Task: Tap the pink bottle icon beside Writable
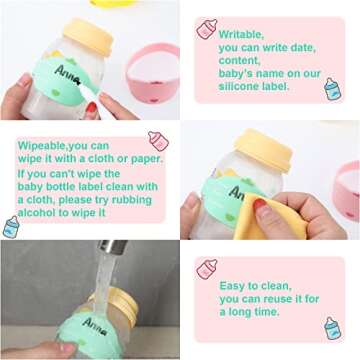[x=207, y=29]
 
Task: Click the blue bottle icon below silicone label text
[x=332, y=89]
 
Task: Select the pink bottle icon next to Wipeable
[x=157, y=141]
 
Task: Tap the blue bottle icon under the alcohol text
[x=11, y=227]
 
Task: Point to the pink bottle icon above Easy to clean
[x=207, y=269]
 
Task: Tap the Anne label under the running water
[x=96, y=325]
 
